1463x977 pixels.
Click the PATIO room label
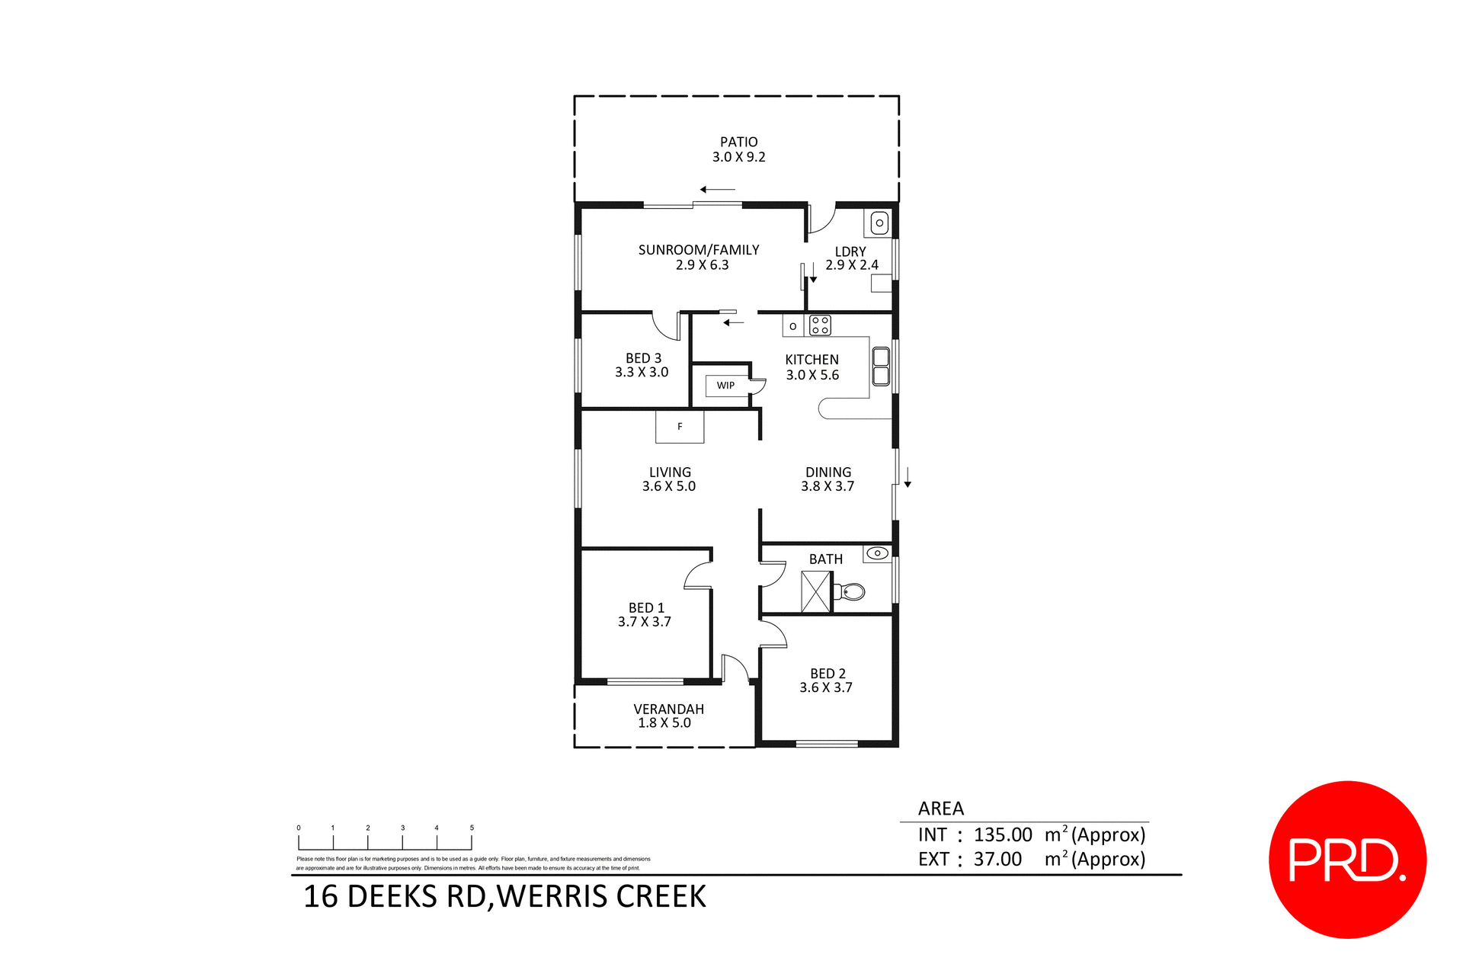[x=738, y=143]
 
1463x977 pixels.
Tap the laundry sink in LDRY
[x=879, y=223]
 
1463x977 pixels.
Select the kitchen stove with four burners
[x=820, y=325]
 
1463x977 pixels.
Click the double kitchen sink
[x=881, y=367]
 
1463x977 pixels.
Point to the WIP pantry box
[x=725, y=386]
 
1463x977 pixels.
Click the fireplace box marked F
[x=680, y=427]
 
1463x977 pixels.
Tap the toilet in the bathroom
[x=851, y=591]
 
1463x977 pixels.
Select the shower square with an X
[x=815, y=592]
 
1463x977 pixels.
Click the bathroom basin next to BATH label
[x=877, y=553]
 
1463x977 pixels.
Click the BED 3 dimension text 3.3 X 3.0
[x=642, y=373]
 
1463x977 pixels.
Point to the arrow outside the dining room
[x=908, y=478]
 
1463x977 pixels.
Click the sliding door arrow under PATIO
[x=717, y=189]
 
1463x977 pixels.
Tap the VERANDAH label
[x=668, y=709]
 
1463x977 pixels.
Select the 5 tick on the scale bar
[x=472, y=841]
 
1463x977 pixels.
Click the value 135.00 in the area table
[x=1003, y=835]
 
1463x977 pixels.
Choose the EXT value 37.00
[x=997, y=860]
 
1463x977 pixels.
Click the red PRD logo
[x=1346, y=860]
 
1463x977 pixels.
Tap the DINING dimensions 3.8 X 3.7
[x=828, y=486]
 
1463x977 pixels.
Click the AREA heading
[x=940, y=809]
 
